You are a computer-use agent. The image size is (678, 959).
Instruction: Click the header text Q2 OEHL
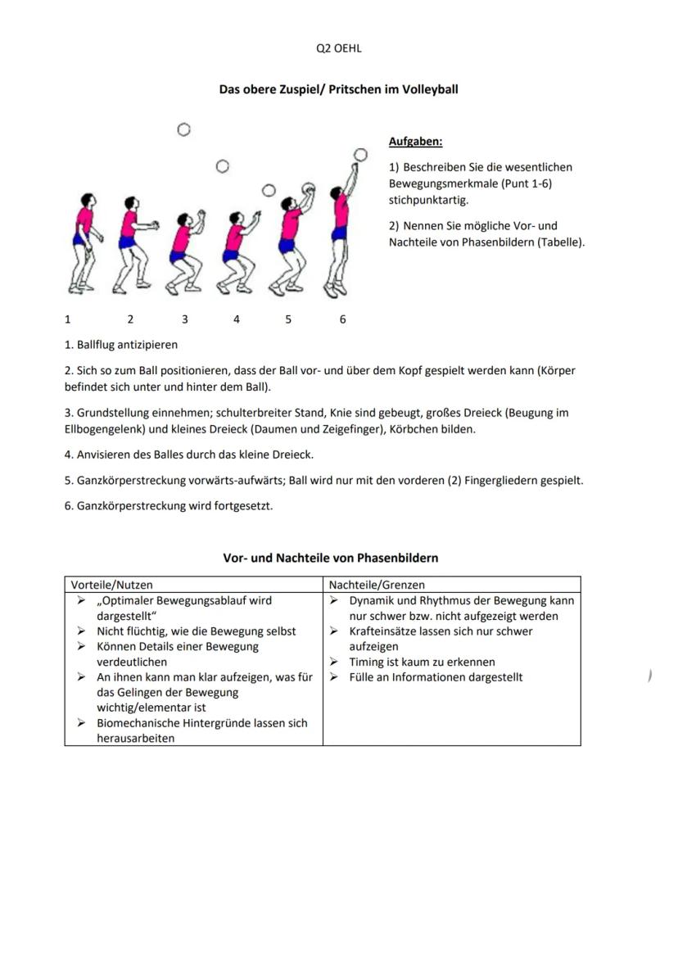[338, 48]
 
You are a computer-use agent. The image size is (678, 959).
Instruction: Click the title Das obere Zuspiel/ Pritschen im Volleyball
[338, 89]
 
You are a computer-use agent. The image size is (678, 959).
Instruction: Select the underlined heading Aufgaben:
[415, 142]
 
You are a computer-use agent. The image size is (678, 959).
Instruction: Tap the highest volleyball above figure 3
[183, 129]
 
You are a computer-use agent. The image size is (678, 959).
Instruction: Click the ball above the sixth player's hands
[360, 154]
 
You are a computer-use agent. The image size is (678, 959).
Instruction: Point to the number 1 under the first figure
[68, 319]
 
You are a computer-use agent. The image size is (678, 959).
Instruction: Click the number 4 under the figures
[236, 319]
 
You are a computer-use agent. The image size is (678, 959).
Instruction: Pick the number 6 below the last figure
[342, 319]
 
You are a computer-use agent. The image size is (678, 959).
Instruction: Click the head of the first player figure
[85, 199]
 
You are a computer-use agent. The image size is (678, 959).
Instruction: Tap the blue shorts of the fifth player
[287, 245]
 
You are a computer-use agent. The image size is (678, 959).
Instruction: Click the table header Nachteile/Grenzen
[377, 585]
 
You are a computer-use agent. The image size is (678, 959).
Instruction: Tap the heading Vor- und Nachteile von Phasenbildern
[331, 558]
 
